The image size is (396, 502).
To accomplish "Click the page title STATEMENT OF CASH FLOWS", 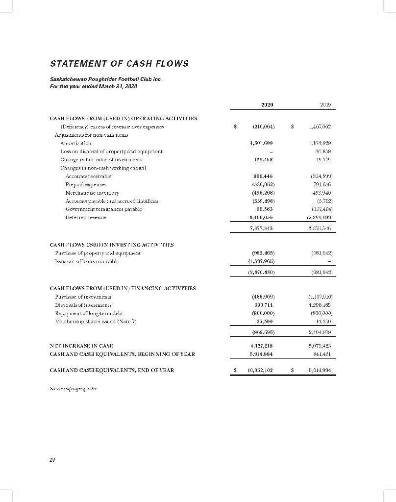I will pos(118,64).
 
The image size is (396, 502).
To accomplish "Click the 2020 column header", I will pos(268,104).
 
